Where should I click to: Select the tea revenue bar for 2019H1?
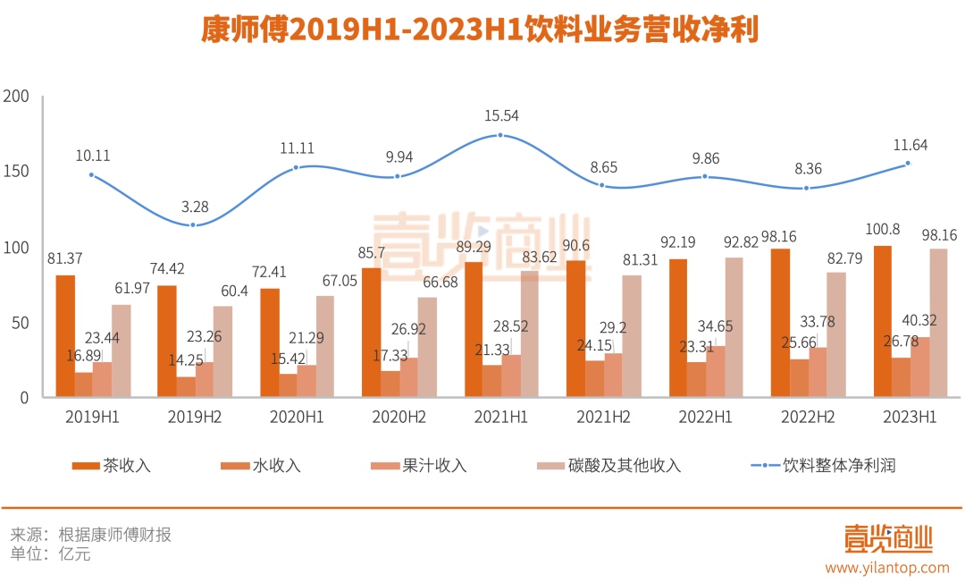pyautogui.click(x=65, y=336)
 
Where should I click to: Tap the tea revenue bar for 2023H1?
pyautogui.click(x=882, y=321)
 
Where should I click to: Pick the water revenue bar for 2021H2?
pyautogui.click(x=594, y=378)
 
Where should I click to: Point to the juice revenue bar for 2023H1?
pyautogui.click(x=919, y=367)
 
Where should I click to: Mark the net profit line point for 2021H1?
pyautogui.click(x=499, y=135)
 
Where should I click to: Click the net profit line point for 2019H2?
pyautogui.click(x=193, y=224)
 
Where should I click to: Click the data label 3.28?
pyautogui.click(x=194, y=207)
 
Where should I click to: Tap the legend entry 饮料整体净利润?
pyautogui.click(x=838, y=466)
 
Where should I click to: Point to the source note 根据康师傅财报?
pyautogui.click(x=114, y=536)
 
